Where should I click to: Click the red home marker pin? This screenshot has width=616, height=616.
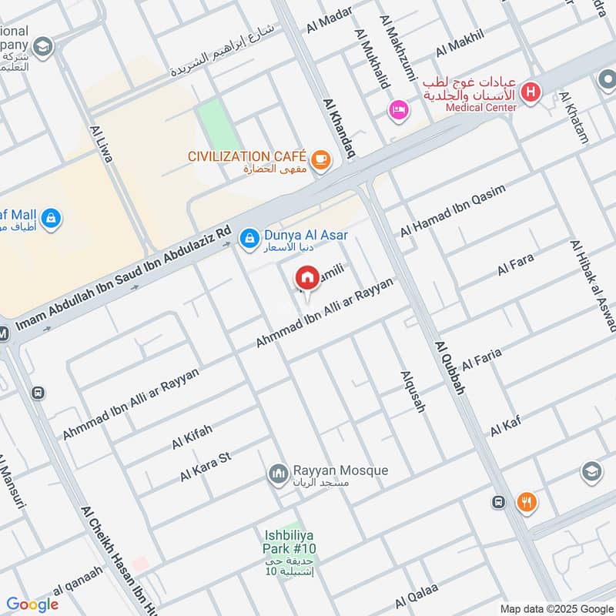tap(307, 278)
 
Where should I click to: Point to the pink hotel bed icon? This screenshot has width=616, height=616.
tap(397, 111)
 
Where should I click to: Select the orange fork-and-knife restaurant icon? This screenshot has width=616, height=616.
tap(527, 502)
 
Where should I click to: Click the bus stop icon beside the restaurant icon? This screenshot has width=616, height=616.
tap(498, 502)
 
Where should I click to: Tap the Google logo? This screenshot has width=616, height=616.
tap(32, 604)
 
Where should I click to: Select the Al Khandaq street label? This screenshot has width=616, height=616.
tap(338, 128)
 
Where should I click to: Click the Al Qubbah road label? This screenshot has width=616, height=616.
tap(450, 368)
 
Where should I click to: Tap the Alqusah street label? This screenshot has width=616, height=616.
tap(413, 390)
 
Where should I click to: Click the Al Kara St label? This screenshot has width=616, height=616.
tap(206, 467)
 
